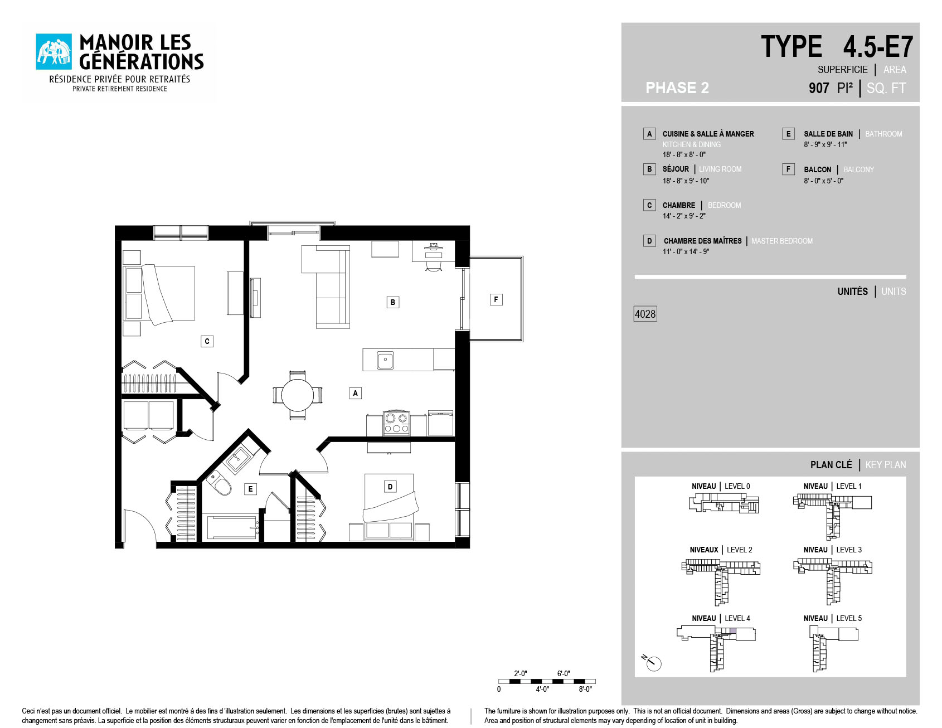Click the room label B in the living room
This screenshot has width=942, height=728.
pyautogui.click(x=393, y=302)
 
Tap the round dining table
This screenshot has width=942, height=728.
pyautogui.click(x=298, y=395)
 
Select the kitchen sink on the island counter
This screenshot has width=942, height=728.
pyautogui.click(x=385, y=360)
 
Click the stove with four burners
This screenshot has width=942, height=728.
pyautogui.click(x=396, y=423)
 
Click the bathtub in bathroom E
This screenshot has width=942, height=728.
pyautogui.click(x=232, y=527)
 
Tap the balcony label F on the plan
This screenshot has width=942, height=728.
pyautogui.click(x=496, y=299)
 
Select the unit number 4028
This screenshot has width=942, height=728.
pyautogui.click(x=645, y=314)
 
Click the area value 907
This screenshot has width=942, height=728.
pyautogui.click(x=819, y=88)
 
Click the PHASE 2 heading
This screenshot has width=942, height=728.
pyautogui.click(x=677, y=88)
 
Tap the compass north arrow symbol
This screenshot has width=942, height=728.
pyautogui.click(x=652, y=662)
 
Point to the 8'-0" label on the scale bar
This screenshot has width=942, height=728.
pyautogui.click(x=585, y=690)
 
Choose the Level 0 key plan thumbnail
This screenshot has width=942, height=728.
pyautogui.click(x=724, y=504)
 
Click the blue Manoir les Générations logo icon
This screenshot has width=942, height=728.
pyautogui.click(x=54, y=52)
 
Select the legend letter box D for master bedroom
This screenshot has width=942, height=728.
pyautogui.click(x=649, y=241)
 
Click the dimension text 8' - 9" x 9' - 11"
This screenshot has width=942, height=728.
pyautogui.click(x=825, y=145)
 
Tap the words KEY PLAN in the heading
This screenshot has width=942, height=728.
pyautogui.click(x=886, y=465)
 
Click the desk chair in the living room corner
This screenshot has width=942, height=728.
pyautogui.click(x=433, y=265)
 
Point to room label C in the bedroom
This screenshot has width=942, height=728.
pyautogui.click(x=207, y=341)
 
